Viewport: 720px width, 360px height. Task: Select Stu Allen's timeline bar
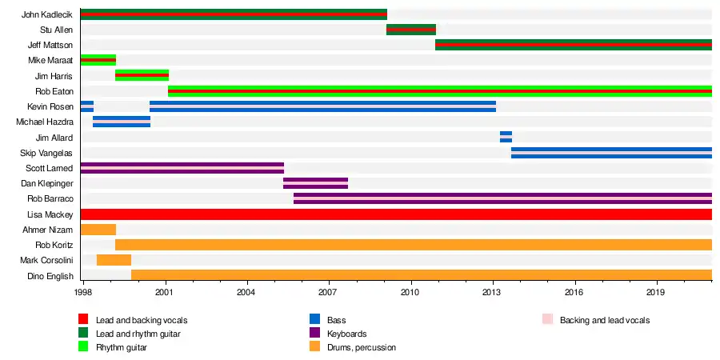point(410,30)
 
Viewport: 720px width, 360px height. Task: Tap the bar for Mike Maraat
point(98,60)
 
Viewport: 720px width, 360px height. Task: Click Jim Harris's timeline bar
point(142,75)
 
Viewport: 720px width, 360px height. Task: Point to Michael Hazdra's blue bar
point(122,122)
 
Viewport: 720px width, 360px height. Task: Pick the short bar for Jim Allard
point(506,137)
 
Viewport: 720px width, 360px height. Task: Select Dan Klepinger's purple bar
point(315,183)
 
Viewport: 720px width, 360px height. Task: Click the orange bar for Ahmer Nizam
point(98,230)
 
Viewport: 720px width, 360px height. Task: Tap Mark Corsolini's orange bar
point(114,260)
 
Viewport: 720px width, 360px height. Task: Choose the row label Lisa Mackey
point(50,214)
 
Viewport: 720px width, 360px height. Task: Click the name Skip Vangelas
point(46,153)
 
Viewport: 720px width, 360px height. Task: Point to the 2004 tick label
point(248,294)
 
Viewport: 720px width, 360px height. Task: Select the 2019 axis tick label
point(657,294)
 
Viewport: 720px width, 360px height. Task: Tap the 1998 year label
point(82,294)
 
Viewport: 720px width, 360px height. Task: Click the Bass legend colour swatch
point(314,320)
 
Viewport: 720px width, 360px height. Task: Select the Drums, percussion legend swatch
point(314,347)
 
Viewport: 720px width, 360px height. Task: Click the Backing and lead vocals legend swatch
point(547,320)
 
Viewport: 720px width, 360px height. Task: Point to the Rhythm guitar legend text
point(121,347)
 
